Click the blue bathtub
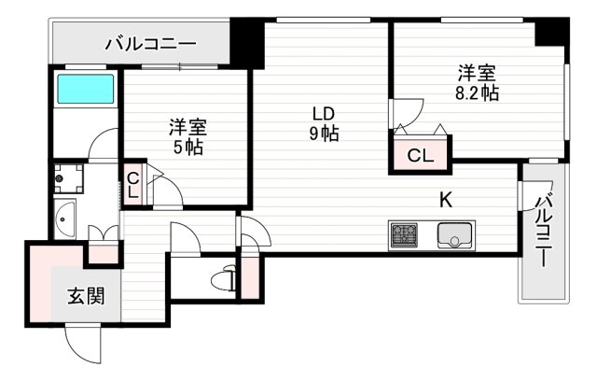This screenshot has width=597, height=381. pos(84,90)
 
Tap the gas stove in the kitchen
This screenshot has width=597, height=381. pos(404,234)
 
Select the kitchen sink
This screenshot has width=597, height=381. pos(455,235)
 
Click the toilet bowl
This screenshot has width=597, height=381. pos(223,278)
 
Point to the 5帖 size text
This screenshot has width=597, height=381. pos(187,147)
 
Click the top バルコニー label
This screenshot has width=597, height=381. pos(150,42)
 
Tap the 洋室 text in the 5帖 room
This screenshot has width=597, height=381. pos(187,127)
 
